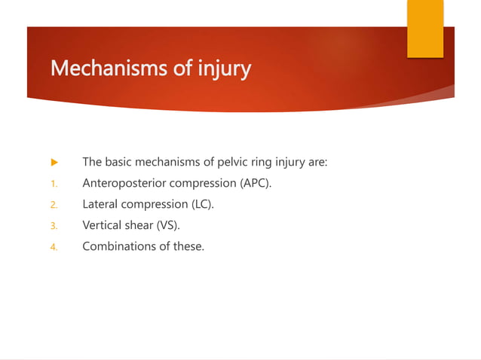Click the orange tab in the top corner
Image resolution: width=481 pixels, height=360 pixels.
click(425, 29)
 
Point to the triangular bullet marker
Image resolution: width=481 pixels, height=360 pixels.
click(54, 162)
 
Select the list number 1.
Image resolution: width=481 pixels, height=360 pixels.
click(53, 183)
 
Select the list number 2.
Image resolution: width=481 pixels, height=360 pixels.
click(53, 204)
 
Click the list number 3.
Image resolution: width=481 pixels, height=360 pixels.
click(53, 225)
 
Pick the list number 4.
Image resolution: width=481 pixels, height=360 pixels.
click(53, 246)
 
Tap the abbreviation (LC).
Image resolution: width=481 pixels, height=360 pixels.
click(200, 204)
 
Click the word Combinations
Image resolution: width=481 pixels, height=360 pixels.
click(119, 246)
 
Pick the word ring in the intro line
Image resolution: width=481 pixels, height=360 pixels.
click(261, 162)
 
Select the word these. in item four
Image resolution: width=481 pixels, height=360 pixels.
click(188, 246)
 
